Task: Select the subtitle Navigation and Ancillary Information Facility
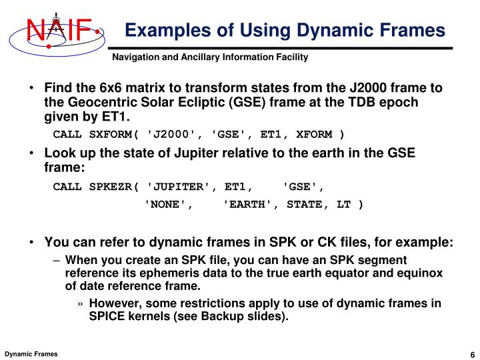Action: tap(209, 58)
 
